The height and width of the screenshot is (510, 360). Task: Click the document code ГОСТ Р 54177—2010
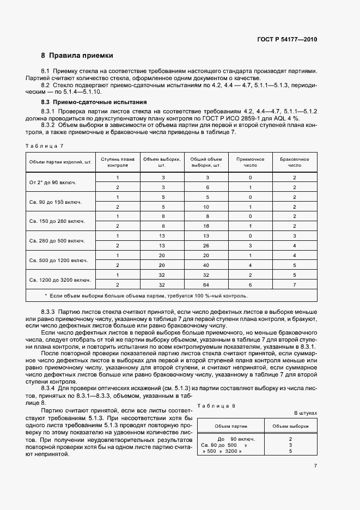click(x=287, y=39)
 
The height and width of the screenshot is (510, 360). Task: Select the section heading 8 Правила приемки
click(x=77, y=56)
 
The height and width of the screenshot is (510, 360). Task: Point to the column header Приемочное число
click(x=250, y=162)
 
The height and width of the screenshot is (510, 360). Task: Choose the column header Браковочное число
click(x=295, y=162)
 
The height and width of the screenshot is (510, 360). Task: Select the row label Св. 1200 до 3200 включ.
click(x=59, y=280)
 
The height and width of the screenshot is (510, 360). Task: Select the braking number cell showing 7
click(x=295, y=284)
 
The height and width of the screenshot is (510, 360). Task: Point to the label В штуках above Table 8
click(x=306, y=414)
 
